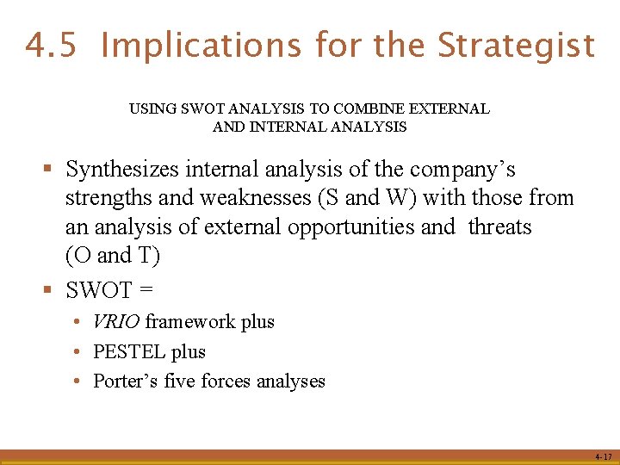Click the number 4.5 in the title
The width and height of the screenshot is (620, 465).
pos(53,45)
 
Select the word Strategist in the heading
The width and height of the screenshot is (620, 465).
pos(516,45)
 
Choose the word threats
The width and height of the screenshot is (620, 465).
pos(500,227)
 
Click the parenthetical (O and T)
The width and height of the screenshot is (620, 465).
pos(113,256)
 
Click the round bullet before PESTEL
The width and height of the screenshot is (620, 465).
pos(77,352)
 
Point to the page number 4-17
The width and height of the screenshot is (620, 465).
pos(603,456)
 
